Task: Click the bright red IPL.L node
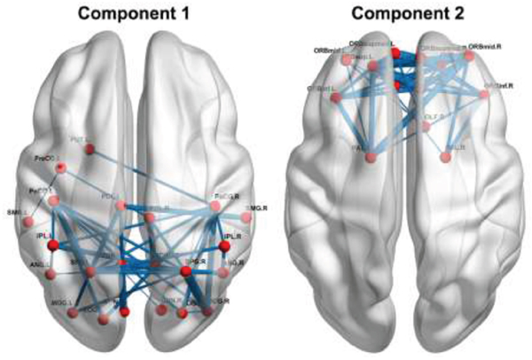pos(52,244)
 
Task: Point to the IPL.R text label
pos(233,239)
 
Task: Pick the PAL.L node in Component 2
pos(373,158)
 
